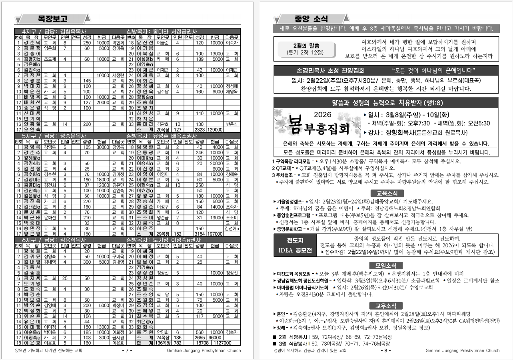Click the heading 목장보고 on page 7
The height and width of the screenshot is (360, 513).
point(52,18)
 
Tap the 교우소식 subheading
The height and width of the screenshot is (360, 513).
point(386,306)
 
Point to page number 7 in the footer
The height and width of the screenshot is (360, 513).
point(126,351)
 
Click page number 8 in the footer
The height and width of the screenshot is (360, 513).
point(386,351)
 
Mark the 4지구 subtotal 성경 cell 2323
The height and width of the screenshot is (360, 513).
point(200,129)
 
